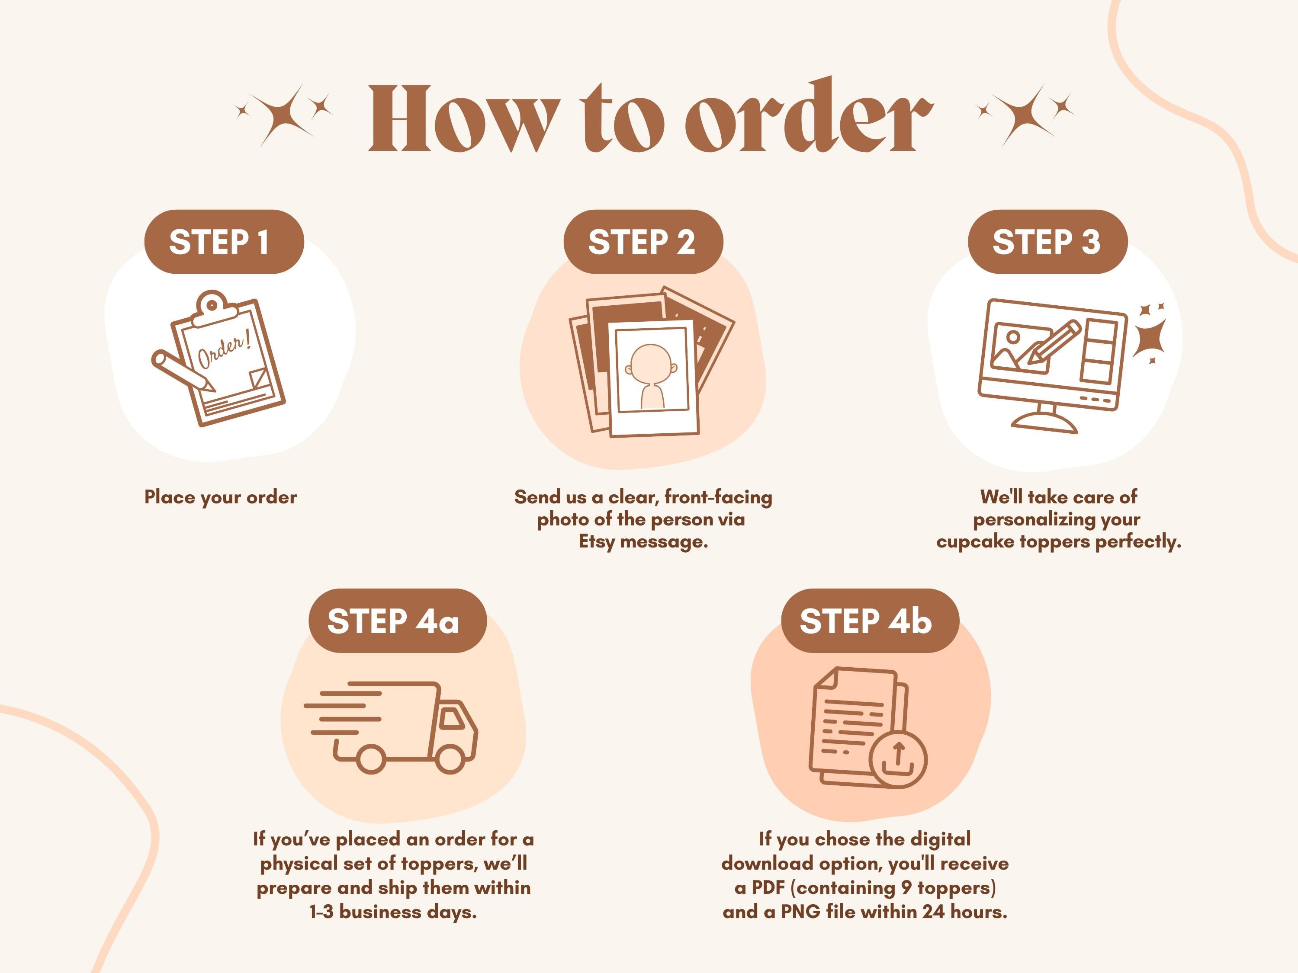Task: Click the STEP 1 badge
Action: click(224, 242)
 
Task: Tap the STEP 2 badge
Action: click(643, 242)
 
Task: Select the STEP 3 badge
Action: click(1047, 242)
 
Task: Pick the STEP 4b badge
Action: click(870, 621)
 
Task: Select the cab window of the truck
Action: click(452, 718)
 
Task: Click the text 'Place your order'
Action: click(221, 497)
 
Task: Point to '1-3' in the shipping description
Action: click(321, 912)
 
